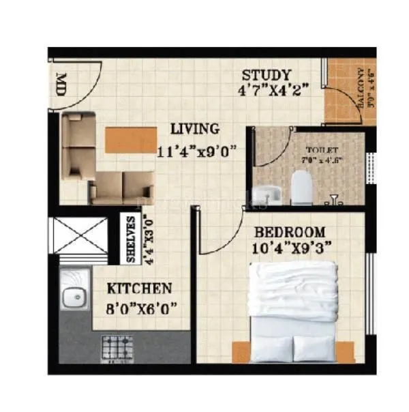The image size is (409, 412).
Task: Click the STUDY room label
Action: [x=267, y=75]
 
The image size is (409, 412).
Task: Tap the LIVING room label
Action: [x=195, y=129]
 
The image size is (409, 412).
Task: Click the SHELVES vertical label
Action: [x=132, y=239]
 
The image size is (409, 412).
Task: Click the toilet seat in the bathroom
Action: [x=301, y=186]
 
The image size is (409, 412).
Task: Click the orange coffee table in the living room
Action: [x=124, y=138]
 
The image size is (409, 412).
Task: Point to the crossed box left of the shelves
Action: [x=80, y=236]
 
